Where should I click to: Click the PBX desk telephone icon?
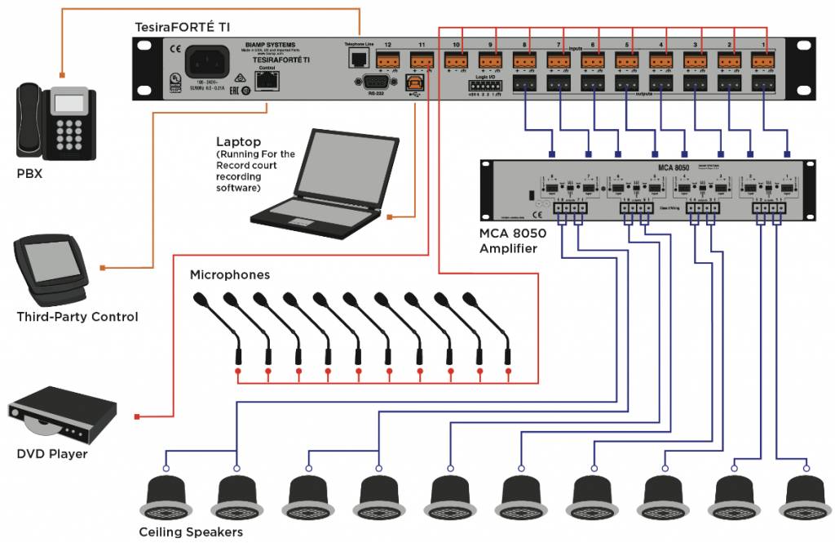click(55, 123)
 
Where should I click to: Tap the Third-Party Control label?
click(77, 317)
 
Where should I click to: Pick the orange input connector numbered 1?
click(763, 60)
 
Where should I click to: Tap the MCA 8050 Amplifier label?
click(512, 240)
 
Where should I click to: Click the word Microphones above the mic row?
click(230, 274)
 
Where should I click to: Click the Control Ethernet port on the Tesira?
click(267, 81)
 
